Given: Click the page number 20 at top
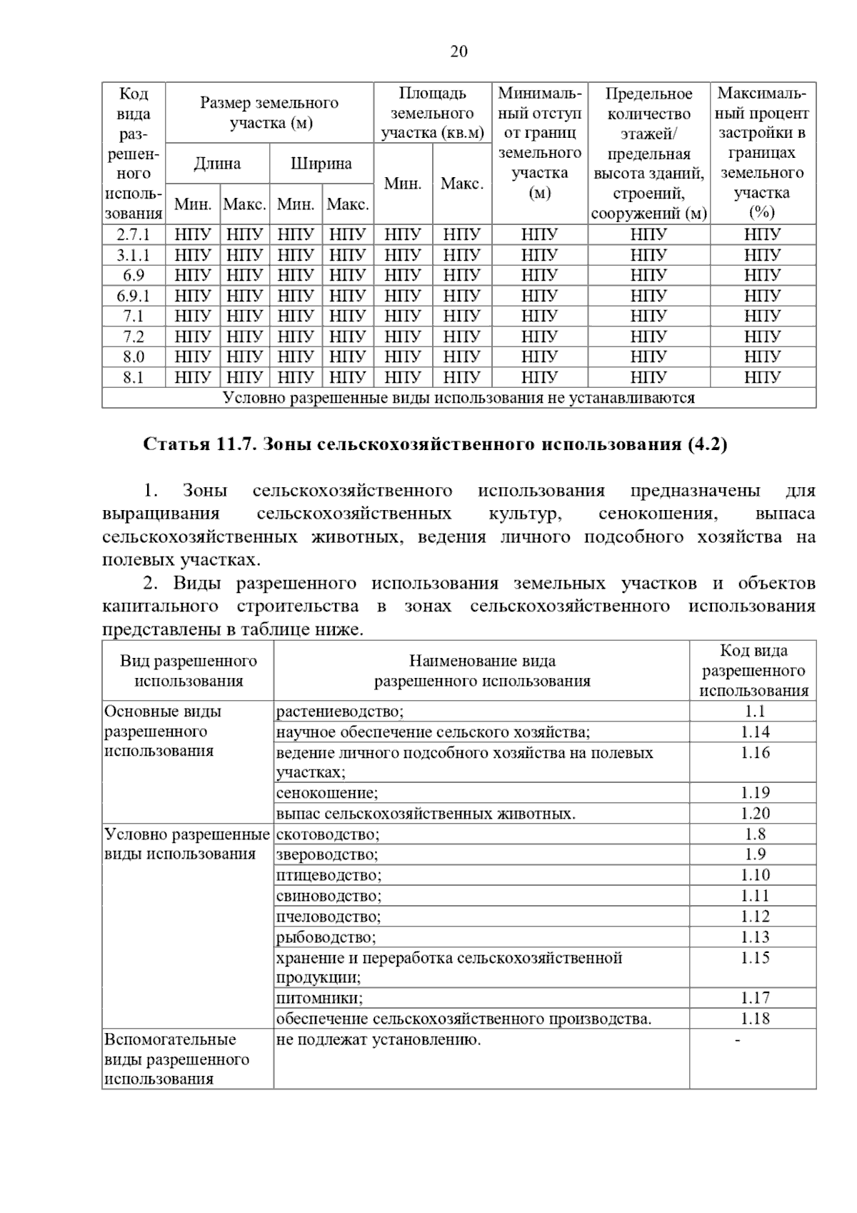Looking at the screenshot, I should [458, 51].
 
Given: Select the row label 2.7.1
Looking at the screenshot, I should [134, 234].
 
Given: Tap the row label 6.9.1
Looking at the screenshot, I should [134, 296].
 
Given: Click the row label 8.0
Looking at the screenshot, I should [134, 356].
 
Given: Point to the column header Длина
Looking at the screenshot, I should [217, 164].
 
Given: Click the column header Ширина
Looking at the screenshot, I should [321, 164].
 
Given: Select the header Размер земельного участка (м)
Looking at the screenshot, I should [269, 113].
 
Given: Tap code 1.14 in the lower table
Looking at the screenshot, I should [754, 732].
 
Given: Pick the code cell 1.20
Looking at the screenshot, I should [754, 813].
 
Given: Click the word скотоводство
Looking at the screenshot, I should [328, 834].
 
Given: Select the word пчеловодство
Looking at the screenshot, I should [329, 916].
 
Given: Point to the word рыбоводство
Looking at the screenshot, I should [326, 937].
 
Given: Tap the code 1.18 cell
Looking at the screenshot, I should [754, 1018].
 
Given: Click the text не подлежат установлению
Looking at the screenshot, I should [379, 1039].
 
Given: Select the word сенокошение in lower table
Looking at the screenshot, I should [327, 792].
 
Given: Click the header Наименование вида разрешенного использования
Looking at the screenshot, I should [482, 671].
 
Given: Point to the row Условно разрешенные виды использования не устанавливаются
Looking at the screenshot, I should [458, 398].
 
